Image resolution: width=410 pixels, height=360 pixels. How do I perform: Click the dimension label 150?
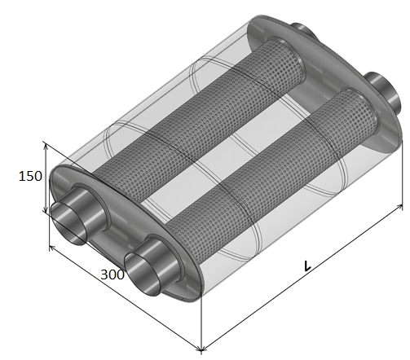pyautogui.click(x=30, y=176)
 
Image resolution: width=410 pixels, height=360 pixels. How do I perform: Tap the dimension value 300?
pyautogui.click(x=112, y=274)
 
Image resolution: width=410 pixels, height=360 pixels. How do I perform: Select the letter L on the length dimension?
pyautogui.click(x=307, y=266)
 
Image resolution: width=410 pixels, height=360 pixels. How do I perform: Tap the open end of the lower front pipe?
pyautogui.click(x=143, y=274)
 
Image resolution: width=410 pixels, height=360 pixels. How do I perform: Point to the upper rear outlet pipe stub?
pyautogui.click(x=303, y=29)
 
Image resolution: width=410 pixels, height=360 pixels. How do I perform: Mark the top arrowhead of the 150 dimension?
pyautogui.click(x=46, y=146)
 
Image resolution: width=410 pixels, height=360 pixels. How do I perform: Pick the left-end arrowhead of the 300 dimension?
pyautogui.click(x=51, y=248)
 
